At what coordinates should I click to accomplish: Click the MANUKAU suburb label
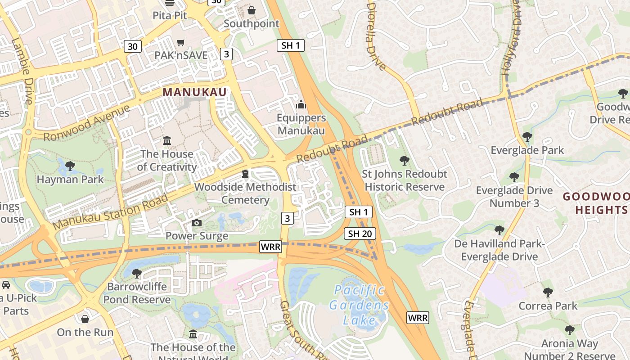pos(194,92)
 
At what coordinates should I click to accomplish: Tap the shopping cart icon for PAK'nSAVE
pos(181,43)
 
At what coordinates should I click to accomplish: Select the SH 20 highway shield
pos(360,234)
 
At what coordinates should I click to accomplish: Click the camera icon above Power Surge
pos(196,223)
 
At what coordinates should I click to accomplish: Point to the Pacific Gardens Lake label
pos(359,305)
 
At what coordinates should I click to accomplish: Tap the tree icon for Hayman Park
pos(70,166)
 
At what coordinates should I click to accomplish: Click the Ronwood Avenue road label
pos(87,123)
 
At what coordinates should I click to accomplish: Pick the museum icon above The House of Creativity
pos(167,141)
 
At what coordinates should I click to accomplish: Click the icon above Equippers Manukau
pos(301,105)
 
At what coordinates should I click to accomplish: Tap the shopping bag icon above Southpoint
pos(252,10)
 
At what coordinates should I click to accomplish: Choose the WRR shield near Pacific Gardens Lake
pos(418,318)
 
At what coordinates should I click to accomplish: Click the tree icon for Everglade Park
pos(527,137)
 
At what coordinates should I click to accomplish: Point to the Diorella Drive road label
pos(376,36)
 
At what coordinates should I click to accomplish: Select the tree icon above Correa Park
pos(548,292)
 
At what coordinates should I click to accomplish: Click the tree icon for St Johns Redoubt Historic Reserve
pos(405,161)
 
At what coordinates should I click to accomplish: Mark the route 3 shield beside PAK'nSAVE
pos(226,54)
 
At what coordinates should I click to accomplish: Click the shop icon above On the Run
pos(85,319)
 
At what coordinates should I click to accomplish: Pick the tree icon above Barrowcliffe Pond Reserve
pos(137,273)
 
